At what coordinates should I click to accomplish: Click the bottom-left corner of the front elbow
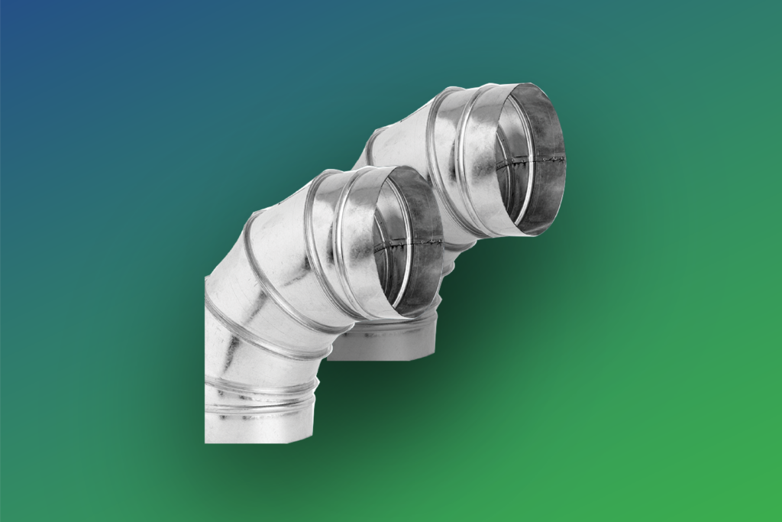pos(205,442)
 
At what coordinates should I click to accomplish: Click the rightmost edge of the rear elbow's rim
pos(565,157)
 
